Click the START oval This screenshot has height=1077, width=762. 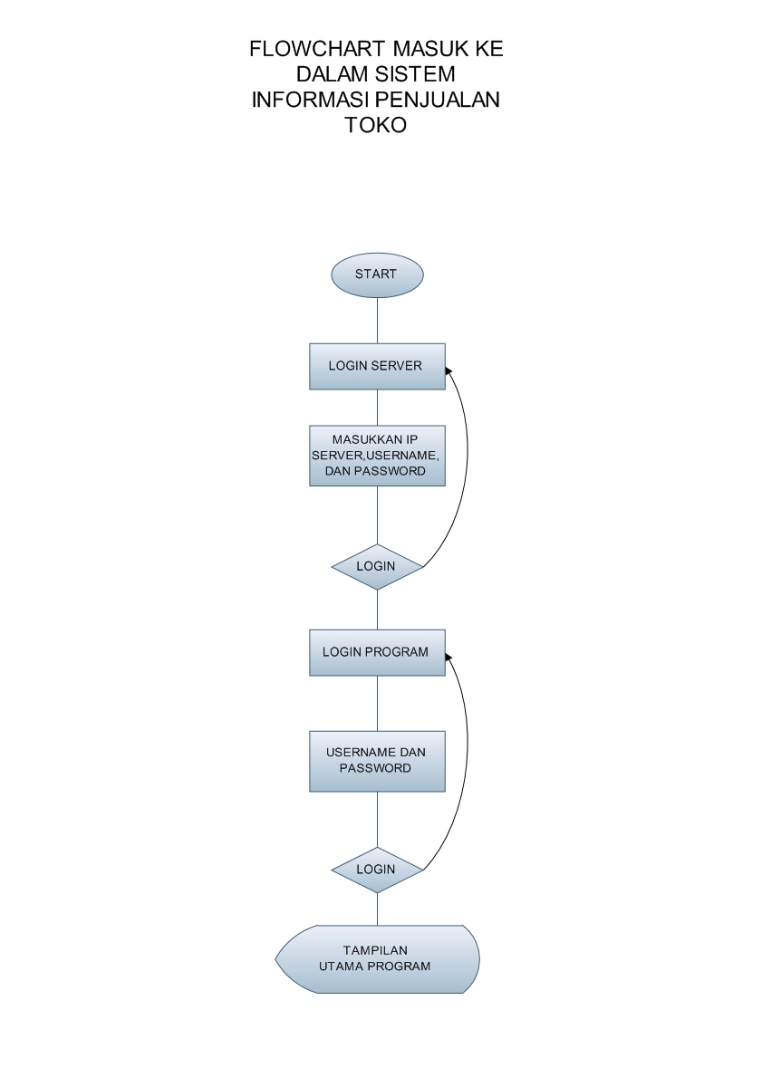[377, 274]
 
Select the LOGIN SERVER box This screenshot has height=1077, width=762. [377, 367]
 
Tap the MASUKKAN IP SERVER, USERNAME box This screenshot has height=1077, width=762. [377, 456]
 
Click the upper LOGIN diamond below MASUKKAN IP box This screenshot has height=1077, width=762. [377, 566]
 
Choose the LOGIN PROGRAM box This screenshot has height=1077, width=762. [377, 652]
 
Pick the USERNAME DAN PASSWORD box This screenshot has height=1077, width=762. [377, 760]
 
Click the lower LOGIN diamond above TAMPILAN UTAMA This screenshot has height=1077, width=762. [377, 870]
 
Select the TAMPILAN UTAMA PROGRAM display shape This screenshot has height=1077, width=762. [377, 958]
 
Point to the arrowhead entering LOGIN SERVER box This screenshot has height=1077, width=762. [448, 370]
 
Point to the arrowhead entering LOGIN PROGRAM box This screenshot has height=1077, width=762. [448, 656]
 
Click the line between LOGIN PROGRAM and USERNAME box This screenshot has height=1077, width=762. [377, 703]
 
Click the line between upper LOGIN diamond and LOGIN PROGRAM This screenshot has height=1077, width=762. [377, 609]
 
